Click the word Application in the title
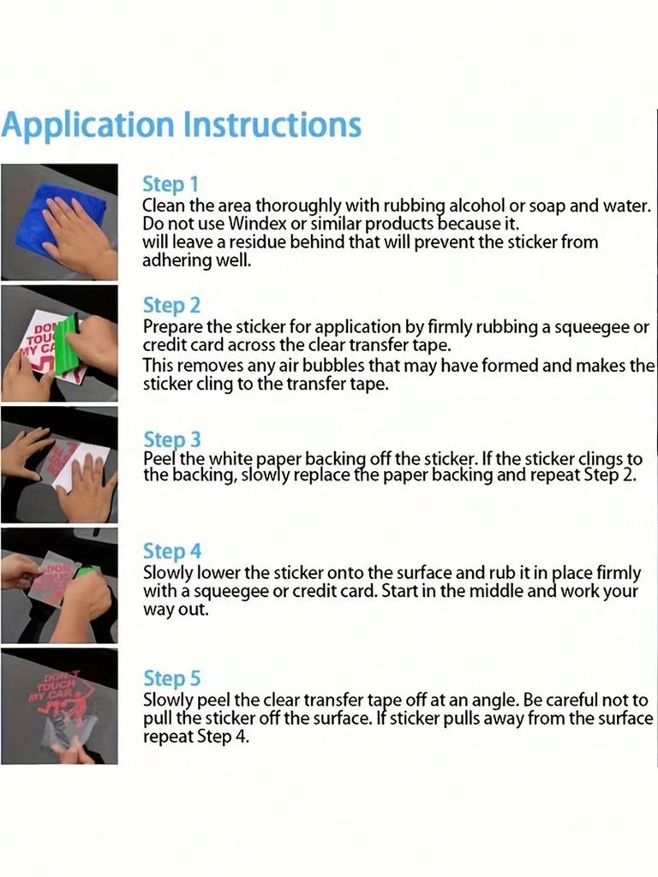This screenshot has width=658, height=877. (88, 126)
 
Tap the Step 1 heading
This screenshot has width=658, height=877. (170, 184)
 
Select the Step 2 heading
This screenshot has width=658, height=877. (171, 306)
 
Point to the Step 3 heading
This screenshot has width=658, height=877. (171, 439)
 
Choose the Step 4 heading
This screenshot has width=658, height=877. (171, 551)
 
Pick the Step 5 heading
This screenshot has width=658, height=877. (171, 678)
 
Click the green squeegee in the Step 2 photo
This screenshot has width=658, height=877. (69, 348)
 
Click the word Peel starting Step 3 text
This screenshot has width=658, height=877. (159, 460)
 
